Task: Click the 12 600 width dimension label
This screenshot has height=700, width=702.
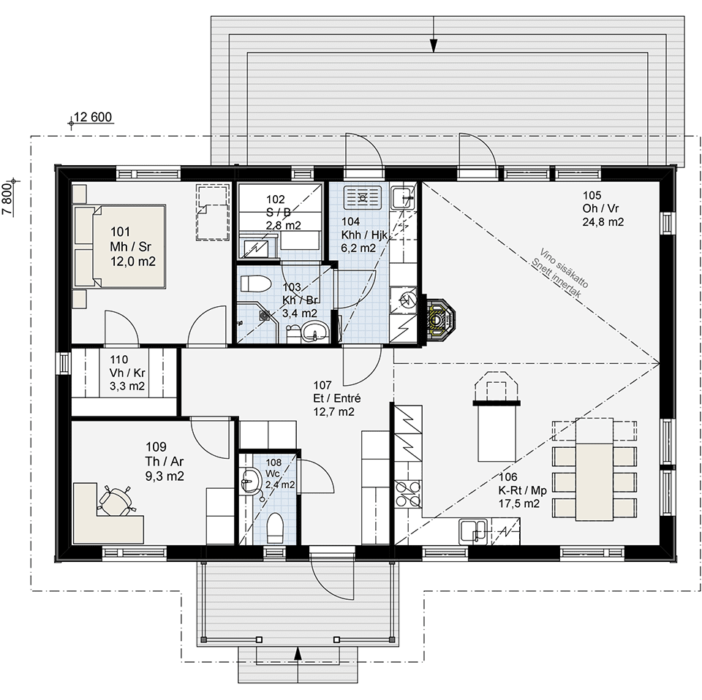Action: pos(93,117)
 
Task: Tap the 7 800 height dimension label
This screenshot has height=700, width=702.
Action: pos(7,199)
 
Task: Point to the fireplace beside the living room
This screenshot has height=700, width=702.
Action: pos(437,318)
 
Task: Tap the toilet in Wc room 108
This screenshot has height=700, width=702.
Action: pos(275,527)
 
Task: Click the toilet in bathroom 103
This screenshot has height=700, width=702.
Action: pos(256,283)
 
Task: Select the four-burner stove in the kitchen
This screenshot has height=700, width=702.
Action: pos(408,494)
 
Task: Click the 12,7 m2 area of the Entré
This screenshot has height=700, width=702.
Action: pos(333,411)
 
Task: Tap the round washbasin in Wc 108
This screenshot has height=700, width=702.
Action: pos(251,481)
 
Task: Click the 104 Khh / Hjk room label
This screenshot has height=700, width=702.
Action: pos(364,228)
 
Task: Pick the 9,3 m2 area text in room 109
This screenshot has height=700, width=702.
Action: pos(165,476)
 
